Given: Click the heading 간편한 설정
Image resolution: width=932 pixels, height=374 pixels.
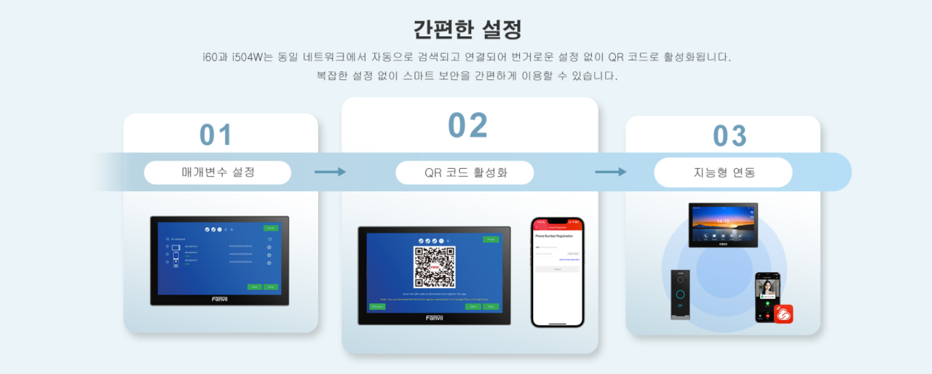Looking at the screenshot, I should click(467, 30).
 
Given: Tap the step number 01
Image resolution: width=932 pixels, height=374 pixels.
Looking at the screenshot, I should click(216, 135).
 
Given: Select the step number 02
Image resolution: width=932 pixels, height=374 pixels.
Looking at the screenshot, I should click(467, 125).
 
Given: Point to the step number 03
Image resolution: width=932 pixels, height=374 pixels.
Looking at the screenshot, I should click(730, 136).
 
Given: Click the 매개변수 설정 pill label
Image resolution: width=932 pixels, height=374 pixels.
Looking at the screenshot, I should click(218, 172).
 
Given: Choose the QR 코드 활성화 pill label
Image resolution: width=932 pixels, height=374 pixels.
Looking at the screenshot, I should click(465, 172).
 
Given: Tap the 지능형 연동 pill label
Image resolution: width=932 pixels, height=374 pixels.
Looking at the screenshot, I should click(724, 172).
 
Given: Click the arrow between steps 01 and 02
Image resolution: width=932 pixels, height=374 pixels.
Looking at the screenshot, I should click(330, 172).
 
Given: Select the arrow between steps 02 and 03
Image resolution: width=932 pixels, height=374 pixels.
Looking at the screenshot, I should click(611, 172).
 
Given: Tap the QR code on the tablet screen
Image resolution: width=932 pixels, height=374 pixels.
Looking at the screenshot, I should click(435, 267).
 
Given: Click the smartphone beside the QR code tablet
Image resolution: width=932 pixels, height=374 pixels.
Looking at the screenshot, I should click(557, 271).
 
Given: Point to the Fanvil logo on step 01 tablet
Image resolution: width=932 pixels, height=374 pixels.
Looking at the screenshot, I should click(219, 298).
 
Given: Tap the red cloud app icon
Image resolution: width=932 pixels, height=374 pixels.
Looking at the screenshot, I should click(783, 314).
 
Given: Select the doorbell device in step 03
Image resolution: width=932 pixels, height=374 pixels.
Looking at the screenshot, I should click(680, 294).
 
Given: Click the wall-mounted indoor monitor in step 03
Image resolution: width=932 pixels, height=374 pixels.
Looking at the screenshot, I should click(723, 225).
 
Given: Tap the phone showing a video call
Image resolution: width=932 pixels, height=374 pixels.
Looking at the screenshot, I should click(766, 296).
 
